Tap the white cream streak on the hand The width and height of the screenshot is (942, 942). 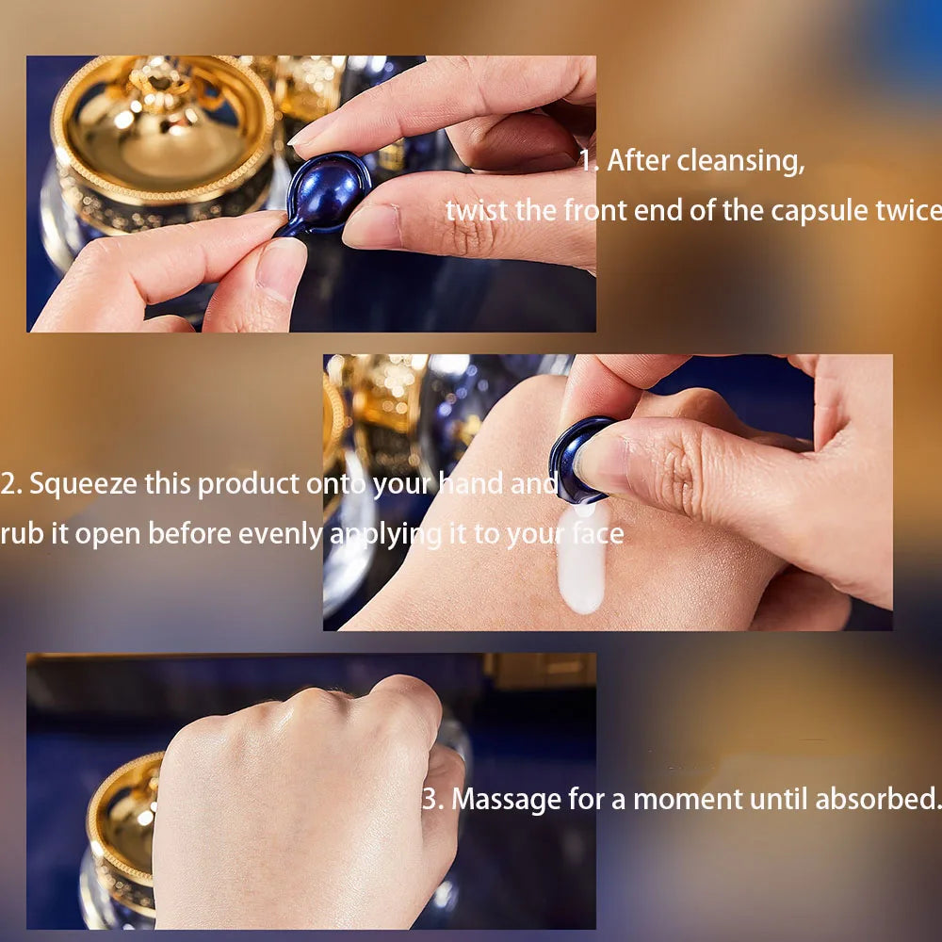point(582,560)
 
